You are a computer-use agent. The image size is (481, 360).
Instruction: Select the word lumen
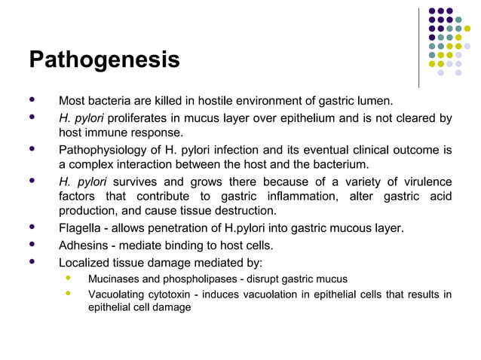(x=375, y=101)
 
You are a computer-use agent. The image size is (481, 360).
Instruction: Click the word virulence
(x=426, y=182)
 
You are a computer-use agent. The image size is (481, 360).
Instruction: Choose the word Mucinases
(x=114, y=279)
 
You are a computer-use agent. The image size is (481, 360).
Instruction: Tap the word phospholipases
(x=193, y=279)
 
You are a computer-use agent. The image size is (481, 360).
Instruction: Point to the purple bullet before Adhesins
(x=31, y=245)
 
